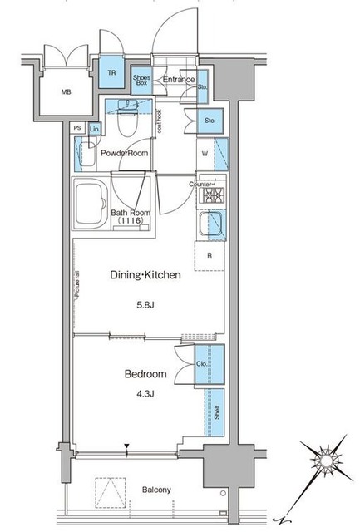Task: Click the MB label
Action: pos(67,92)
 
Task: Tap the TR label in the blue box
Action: pos(111,73)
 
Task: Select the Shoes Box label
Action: pos(141,80)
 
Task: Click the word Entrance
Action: pos(179,80)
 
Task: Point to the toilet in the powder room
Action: pos(127,118)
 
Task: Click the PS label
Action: pos(77,128)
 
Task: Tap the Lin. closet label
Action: pos(95,129)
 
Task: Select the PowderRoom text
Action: pos(124,153)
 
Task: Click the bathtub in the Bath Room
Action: pos(91,205)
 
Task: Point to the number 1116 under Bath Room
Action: pos(129,220)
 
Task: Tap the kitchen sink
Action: pos(212,223)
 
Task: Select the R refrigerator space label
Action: pos(210,255)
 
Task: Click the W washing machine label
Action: pos(205,153)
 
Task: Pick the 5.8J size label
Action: pos(145,305)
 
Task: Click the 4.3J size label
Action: pos(145,394)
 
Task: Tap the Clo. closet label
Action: pos(201,364)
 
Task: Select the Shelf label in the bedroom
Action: pos(217,412)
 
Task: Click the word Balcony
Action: pos(156,490)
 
